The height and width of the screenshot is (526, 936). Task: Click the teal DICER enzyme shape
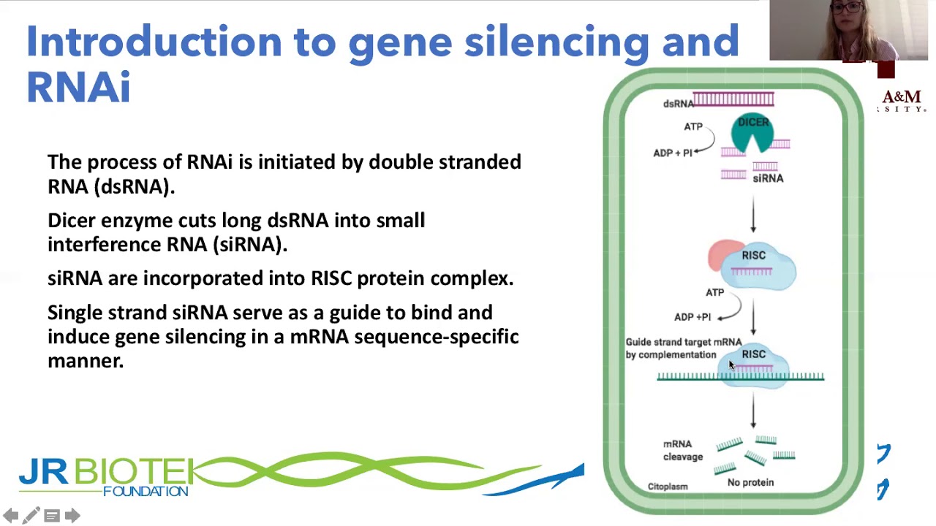(752, 131)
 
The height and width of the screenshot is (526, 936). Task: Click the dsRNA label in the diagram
(677, 104)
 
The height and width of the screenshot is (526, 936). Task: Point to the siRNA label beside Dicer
(768, 178)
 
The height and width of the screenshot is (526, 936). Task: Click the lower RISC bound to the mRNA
(755, 361)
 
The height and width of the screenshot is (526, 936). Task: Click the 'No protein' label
(750, 482)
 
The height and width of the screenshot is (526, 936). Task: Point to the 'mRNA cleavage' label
(682, 450)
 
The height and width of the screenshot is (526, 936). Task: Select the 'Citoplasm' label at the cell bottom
(667, 487)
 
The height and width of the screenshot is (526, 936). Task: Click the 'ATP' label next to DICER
(692, 126)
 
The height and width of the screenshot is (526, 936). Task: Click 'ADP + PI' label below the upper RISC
(692, 317)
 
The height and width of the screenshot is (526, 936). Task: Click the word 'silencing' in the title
(556, 41)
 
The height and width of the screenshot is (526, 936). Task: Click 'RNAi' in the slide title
(78, 87)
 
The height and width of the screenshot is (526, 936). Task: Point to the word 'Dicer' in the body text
(71, 220)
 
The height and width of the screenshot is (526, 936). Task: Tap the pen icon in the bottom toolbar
(31, 516)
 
